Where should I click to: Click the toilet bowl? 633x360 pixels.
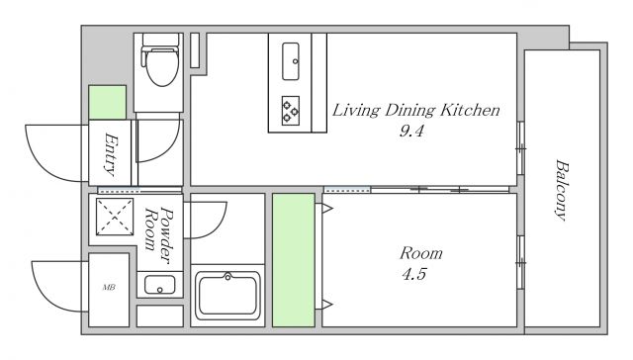[x=162, y=67]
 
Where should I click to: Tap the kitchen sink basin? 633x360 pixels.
[x=291, y=61]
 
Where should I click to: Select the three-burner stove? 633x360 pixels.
[x=291, y=111]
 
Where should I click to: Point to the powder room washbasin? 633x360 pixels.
[x=160, y=285]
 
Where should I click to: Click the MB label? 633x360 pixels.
[x=109, y=288]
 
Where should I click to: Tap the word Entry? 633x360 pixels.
[x=111, y=154]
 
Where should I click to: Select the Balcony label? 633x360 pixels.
[x=562, y=190]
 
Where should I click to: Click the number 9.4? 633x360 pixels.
[x=411, y=131]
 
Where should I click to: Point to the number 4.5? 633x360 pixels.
[x=414, y=274]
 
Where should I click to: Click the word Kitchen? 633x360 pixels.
[x=470, y=110]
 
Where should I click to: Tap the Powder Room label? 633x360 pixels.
[x=159, y=234]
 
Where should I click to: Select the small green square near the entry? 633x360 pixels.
[x=108, y=102]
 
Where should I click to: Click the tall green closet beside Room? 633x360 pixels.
[x=294, y=260]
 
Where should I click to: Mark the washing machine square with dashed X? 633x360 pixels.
[x=115, y=218]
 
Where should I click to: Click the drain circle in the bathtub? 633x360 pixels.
[x=227, y=277]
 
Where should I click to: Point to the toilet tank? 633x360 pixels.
[x=160, y=41]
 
